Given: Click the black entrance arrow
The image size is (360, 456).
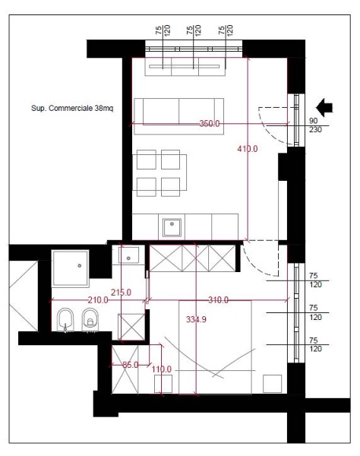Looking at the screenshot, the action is pyautogui.click(x=324, y=107).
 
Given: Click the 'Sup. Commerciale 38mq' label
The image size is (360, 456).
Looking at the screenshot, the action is pyautogui.click(x=72, y=108).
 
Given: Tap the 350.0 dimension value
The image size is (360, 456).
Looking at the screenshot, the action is pyautogui.click(x=210, y=124).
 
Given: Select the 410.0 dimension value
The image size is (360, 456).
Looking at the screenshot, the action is pyautogui.click(x=248, y=149).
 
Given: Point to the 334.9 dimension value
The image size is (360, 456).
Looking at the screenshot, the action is pyautogui.click(x=196, y=319).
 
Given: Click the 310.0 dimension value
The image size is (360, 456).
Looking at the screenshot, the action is pyautogui.click(x=218, y=300).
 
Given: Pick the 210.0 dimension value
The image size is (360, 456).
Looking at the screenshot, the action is pyautogui.click(x=98, y=300).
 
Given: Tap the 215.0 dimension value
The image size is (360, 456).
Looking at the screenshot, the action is pyautogui.click(x=121, y=293).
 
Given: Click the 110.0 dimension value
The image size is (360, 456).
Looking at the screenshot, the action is pyautogui.click(x=162, y=369).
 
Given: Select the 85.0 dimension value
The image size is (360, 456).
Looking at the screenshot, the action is pyautogui.click(x=131, y=365).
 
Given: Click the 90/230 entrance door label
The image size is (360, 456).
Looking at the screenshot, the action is pyautogui.click(x=315, y=125).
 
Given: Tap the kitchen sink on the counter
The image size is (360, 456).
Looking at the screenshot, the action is pyautogui.click(x=172, y=227).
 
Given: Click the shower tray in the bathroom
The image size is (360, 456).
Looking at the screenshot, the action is pyautogui.click(x=71, y=268).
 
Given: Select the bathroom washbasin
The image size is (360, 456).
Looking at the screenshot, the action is pyautogui.click(x=128, y=255).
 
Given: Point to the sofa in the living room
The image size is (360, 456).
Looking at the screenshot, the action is pyautogui.click(x=179, y=116).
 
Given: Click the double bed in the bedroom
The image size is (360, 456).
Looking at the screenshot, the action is pyautogui.click(x=215, y=347).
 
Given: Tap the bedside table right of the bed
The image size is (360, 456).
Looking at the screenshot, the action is pyautogui.click(x=272, y=384).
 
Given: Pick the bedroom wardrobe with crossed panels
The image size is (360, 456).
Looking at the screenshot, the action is pyautogui.click(x=192, y=258).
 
